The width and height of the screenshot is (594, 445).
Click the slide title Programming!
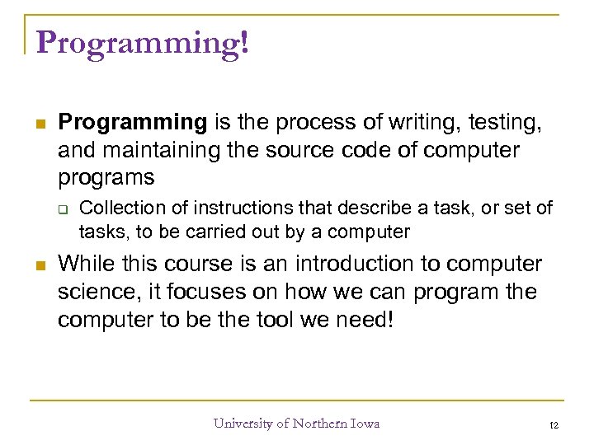pos(142,41)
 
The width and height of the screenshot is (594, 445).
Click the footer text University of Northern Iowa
pos(296,424)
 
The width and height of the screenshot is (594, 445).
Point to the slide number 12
pos(554,424)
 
